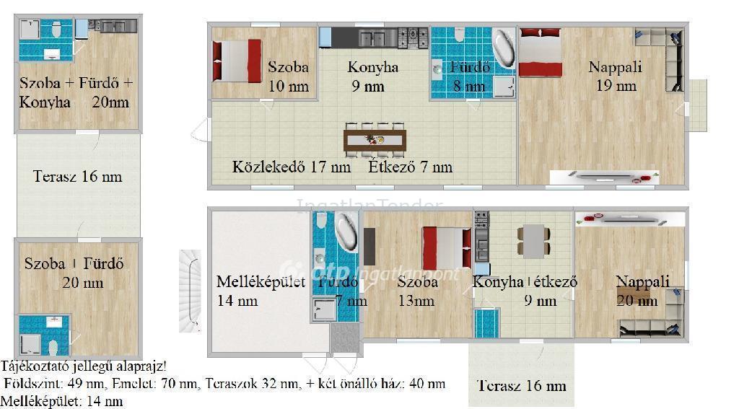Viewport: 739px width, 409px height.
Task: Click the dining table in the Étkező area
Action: [x=375, y=141]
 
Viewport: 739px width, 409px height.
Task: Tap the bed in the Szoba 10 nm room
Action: [x=237, y=61]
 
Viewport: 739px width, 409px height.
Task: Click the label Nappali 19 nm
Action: [x=615, y=76]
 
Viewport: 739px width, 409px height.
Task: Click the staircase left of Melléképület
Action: [x=190, y=291]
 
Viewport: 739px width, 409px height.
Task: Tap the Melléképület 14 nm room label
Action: [x=261, y=291]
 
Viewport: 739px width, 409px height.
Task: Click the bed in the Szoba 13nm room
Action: [x=446, y=248]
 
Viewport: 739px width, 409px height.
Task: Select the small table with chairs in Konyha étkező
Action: [x=533, y=241]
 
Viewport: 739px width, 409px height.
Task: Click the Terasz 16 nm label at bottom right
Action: [x=521, y=385]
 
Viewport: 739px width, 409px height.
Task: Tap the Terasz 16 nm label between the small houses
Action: [x=78, y=177]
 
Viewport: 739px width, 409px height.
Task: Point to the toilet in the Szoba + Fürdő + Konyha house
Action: [x=56, y=29]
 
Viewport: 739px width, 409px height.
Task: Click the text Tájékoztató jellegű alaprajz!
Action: [x=84, y=366]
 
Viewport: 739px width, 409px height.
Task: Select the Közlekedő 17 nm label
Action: [x=292, y=167]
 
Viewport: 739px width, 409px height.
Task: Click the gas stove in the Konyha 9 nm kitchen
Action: [x=413, y=38]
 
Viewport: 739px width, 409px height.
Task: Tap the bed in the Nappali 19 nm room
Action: [x=540, y=52]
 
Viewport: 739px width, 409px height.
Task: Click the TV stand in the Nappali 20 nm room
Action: [x=630, y=219]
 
